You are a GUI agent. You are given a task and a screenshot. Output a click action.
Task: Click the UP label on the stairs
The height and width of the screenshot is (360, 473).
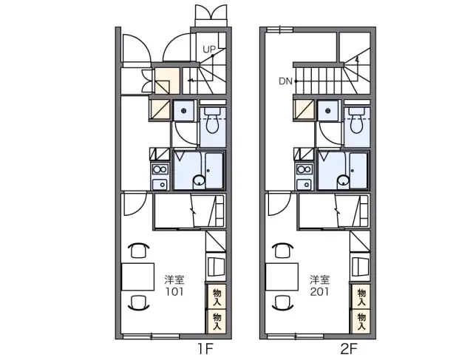click(x=208, y=50)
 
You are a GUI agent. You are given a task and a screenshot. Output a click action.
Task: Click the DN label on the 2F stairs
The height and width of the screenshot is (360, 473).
click(x=285, y=81)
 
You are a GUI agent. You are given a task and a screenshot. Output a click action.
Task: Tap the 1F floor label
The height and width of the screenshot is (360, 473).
click(x=205, y=349)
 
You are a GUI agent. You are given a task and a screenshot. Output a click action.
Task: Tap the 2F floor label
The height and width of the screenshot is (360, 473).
click(x=349, y=349)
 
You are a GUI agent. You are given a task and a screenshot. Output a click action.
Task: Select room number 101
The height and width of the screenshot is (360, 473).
click(x=174, y=292)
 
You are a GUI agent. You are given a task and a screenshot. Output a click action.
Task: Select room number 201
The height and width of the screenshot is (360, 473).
click(x=319, y=292)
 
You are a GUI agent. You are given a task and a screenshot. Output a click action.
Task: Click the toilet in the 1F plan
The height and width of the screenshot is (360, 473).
click(x=213, y=120)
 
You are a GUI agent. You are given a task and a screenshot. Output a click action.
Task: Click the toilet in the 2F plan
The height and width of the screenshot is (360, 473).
click(x=357, y=120)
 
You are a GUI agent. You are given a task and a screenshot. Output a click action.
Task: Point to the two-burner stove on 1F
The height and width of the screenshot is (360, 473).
click(x=160, y=169)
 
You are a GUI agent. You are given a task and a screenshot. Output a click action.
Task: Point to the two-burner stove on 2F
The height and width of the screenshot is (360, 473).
click(x=304, y=169)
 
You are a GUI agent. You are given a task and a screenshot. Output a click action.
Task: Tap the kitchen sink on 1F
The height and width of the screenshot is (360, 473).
click(x=160, y=184)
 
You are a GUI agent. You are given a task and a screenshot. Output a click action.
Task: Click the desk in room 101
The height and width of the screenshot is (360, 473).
click(x=138, y=276)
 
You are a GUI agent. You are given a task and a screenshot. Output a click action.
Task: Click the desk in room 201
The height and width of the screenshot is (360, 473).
click(x=282, y=276)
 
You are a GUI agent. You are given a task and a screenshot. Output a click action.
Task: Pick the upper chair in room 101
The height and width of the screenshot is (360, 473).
click(x=138, y=250)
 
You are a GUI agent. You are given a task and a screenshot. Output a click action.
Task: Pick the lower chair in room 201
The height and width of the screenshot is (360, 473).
click(x=282, y=302)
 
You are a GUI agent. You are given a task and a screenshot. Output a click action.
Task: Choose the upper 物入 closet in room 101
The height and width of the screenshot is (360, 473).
click(x=217, y=296)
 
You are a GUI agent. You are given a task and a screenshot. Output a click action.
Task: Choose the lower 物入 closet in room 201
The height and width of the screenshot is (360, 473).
click(x=361, y=322)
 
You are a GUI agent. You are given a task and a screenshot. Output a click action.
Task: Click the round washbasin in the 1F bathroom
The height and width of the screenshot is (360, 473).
click(x=199, y=181)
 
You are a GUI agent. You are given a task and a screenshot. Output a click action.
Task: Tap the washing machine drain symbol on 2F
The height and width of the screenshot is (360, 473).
click(x=328, y=111)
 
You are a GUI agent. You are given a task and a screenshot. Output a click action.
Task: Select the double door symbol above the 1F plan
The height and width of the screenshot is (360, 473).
click(x=211, y=15)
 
